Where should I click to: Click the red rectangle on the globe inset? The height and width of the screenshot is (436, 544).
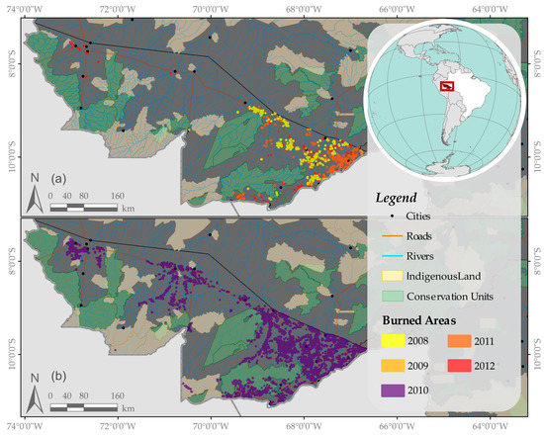pos(447,88)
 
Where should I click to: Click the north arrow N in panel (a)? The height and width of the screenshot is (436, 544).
pos(33,194)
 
